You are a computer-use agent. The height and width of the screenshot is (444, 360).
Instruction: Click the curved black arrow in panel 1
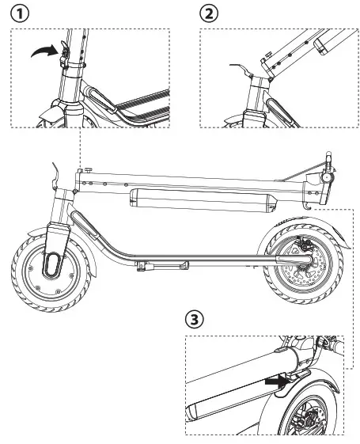point(46,52)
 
